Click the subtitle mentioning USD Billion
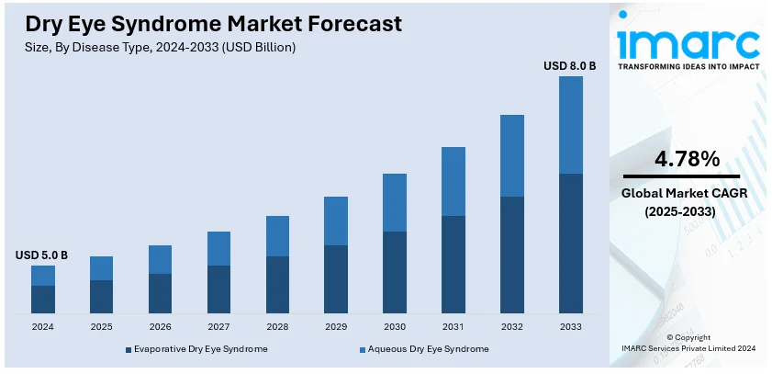162,46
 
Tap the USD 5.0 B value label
42,255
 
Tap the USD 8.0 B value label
570,65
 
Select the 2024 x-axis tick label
43,326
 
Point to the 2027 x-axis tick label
218,326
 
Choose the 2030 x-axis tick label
395,326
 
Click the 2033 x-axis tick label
570,326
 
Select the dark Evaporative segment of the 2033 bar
570,243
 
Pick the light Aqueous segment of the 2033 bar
570,125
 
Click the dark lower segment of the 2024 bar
43,299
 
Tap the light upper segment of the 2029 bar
336,221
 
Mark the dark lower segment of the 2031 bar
453,264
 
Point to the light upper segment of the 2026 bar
161,259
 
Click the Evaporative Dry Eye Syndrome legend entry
196,349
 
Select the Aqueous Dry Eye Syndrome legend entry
423,349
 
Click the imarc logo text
688,41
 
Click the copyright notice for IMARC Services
688,344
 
